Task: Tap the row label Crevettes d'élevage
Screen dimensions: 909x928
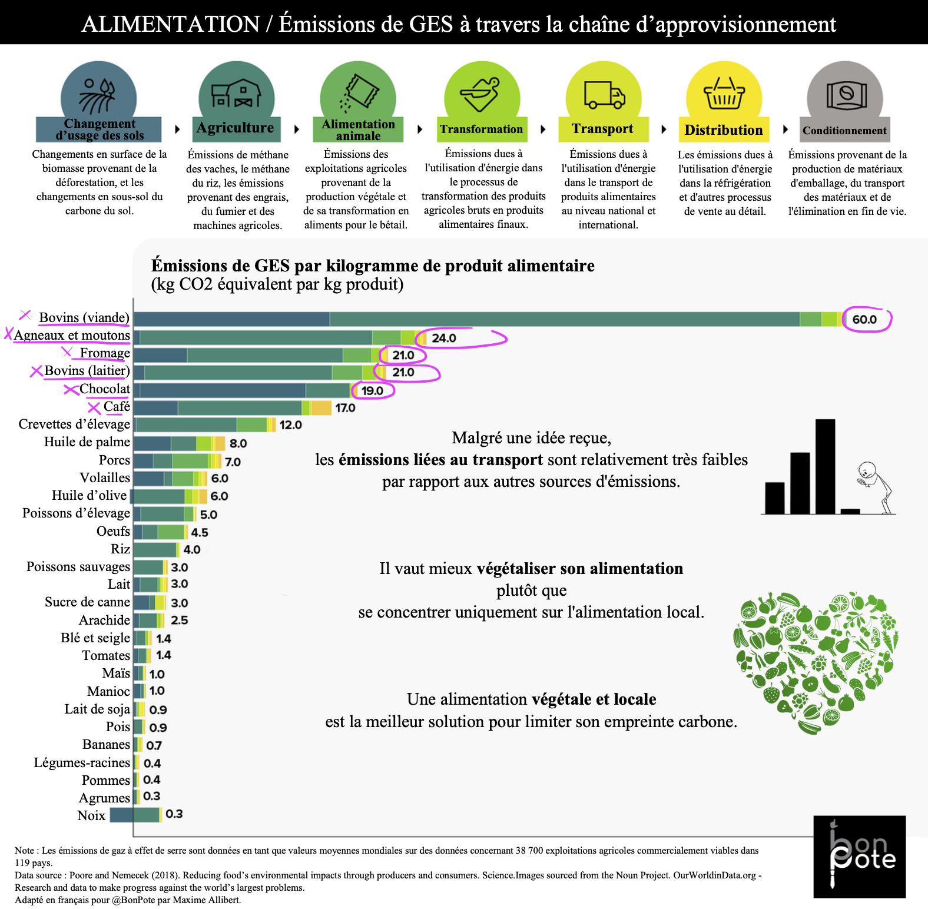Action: tap(74, 424)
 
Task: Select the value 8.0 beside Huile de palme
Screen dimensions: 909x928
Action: tap(238, 443)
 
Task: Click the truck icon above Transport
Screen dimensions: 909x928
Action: tap(604, 95)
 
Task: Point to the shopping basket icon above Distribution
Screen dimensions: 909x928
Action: tap(724, 94)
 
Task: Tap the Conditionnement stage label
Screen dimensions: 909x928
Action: tap(844, 131)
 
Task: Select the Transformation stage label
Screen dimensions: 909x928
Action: tap(481, 130)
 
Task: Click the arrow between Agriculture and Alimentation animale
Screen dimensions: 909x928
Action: tap(297, 129)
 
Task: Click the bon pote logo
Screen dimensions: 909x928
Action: tap(859, 857)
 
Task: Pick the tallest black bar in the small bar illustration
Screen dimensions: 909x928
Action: tap(825, 466)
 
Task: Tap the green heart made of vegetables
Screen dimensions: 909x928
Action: tap(816, 659)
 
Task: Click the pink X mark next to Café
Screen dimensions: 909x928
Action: tap(94, 407)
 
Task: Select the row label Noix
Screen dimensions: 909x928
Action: tap(91, 815)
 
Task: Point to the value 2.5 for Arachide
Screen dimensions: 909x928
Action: tap(179, 621)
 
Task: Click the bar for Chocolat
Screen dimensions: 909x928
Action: tap(241, 390)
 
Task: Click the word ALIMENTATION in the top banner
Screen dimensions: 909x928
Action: tap(170, 24)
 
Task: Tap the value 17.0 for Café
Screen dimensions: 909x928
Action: tap(345, 408)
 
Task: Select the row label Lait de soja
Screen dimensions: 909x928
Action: tap(97, 709)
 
